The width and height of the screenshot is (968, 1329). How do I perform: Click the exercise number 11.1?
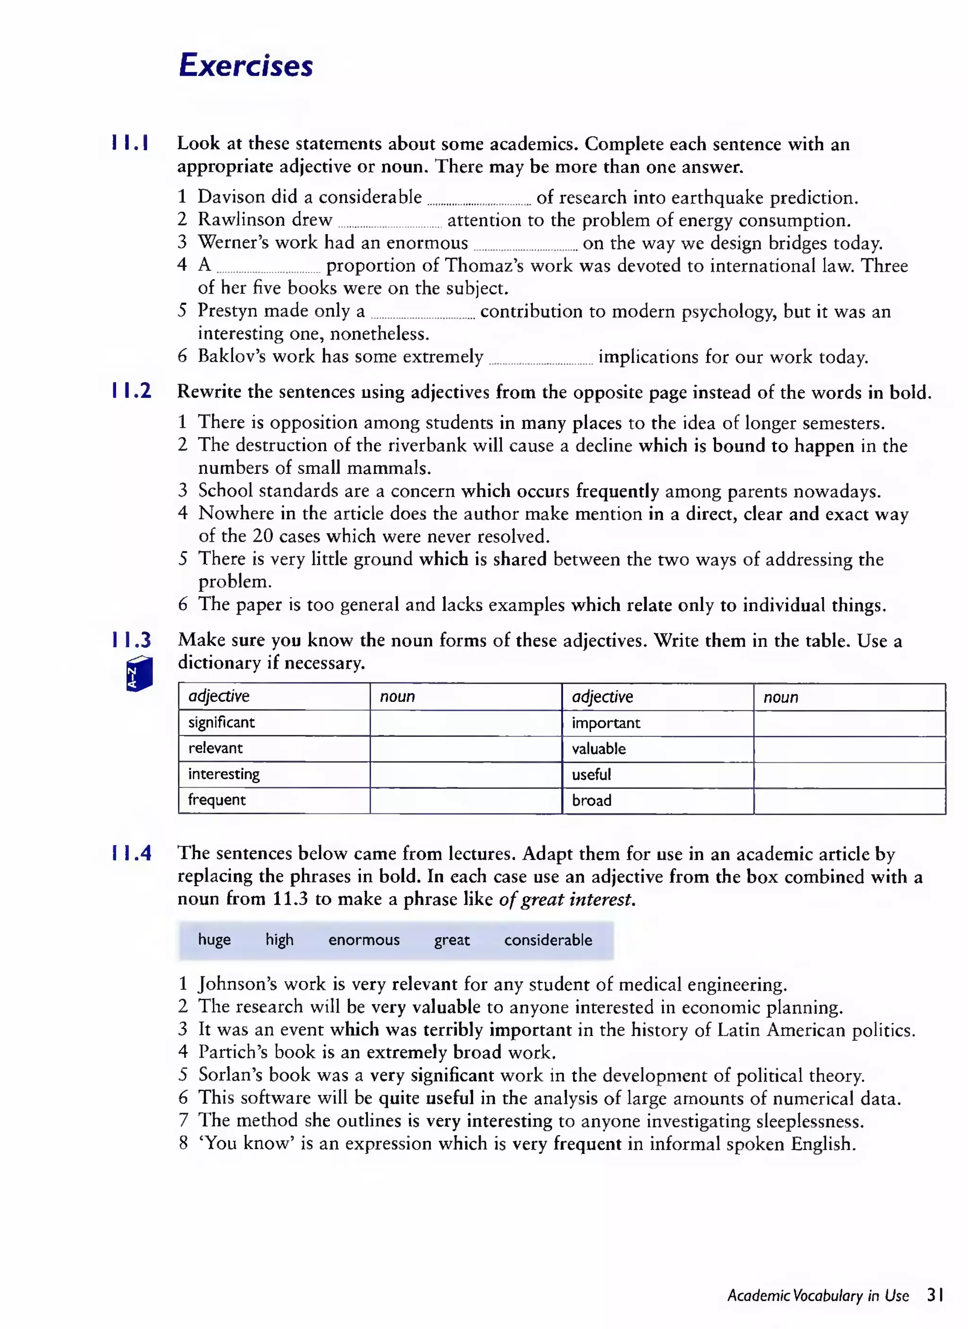point(130,143)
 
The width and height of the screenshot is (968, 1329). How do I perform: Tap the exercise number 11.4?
point(131,853)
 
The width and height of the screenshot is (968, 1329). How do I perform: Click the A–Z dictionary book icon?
point(139,674)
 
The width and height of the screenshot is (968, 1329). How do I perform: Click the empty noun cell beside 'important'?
point(849,723)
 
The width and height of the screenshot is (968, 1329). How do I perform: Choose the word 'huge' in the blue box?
point(215,940)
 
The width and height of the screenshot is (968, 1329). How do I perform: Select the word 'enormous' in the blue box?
point(364,940)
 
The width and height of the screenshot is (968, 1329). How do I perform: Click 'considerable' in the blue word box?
point(548,940)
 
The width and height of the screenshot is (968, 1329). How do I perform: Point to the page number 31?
point(935,1295)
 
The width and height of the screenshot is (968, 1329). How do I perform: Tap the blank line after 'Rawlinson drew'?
point(389,225)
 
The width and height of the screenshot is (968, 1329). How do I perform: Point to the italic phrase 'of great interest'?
point(567,899)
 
